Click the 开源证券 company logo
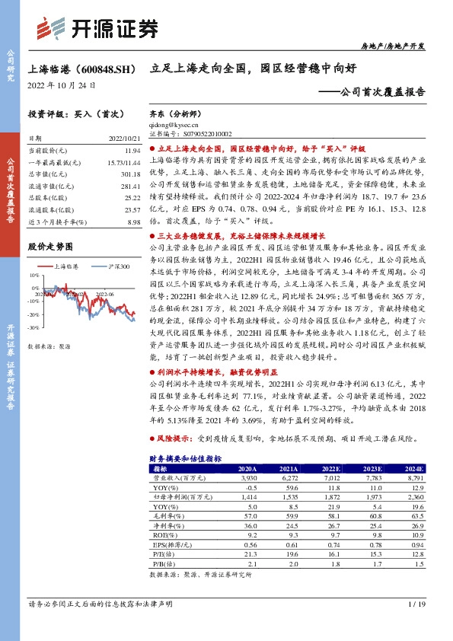tap(100, 29)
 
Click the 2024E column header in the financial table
tap(414, 469)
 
